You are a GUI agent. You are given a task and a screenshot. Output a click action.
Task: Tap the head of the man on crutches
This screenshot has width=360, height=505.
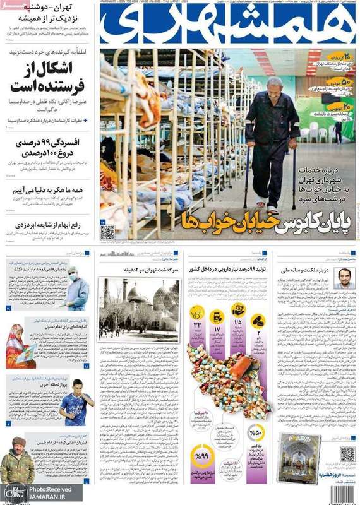(273, 85)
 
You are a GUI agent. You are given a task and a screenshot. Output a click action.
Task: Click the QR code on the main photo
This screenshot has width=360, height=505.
(107, 232)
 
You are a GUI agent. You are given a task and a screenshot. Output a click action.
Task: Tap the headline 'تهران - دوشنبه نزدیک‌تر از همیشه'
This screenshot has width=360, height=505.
(49, 13)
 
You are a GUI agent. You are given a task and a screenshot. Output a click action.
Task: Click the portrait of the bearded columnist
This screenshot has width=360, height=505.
(344, 278)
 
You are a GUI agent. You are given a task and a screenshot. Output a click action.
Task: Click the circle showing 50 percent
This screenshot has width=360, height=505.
(256, 432)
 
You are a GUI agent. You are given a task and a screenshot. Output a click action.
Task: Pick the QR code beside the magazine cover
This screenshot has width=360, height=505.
(347, 454)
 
